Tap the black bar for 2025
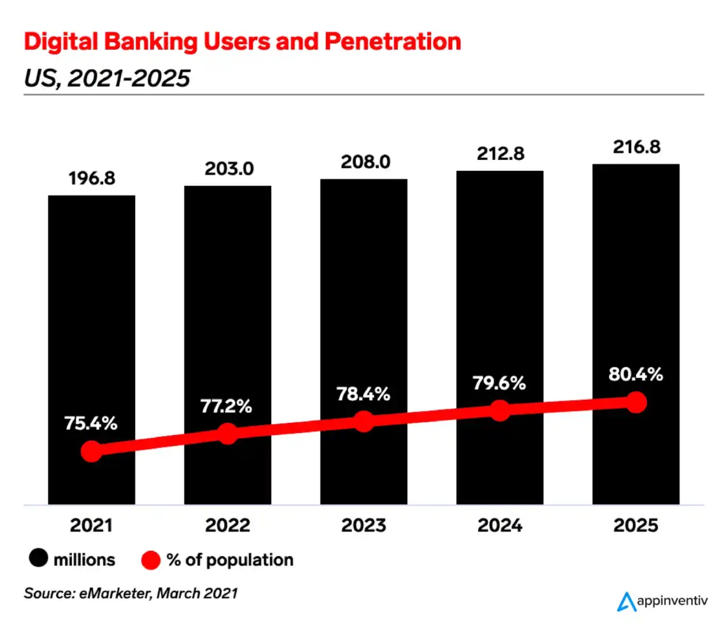(636, 287)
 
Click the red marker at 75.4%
(92, 451)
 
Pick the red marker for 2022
(227, 434)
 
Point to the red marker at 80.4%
(636, 402)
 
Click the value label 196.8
(92, 178)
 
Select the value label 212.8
(500, 155)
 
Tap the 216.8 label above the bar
(636, 147)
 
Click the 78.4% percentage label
(364, 395)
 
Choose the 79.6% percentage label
(500, 383)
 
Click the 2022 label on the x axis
(227, 526)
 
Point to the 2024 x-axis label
(500, 526)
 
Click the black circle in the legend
(39, 560)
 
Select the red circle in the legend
(150, 560)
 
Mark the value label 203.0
(227, 169)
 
